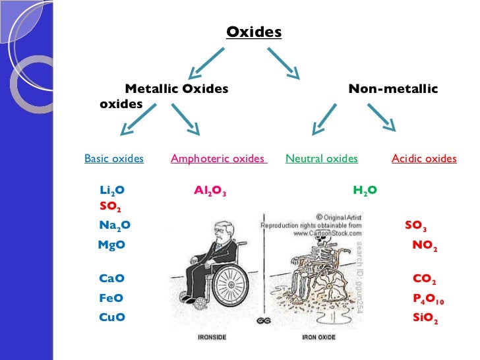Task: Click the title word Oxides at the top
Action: tap(254, 32)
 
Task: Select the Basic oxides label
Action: tap(114, 158)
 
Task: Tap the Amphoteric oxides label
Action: tap(218, 158)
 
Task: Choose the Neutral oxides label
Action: tap(322, 158)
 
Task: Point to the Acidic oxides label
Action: tap(424, 158)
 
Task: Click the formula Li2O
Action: tap(112, 191)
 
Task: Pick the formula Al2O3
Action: tap(210, 191)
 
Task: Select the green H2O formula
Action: tap(365, 191)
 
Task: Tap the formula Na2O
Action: tap(115, 225)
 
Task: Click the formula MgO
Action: tap(111, 245)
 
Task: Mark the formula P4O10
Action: tap(429, 299)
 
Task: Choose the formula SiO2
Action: tap(425, 318)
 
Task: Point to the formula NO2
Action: tap(425, 245)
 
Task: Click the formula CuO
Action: tap(111, 317)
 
